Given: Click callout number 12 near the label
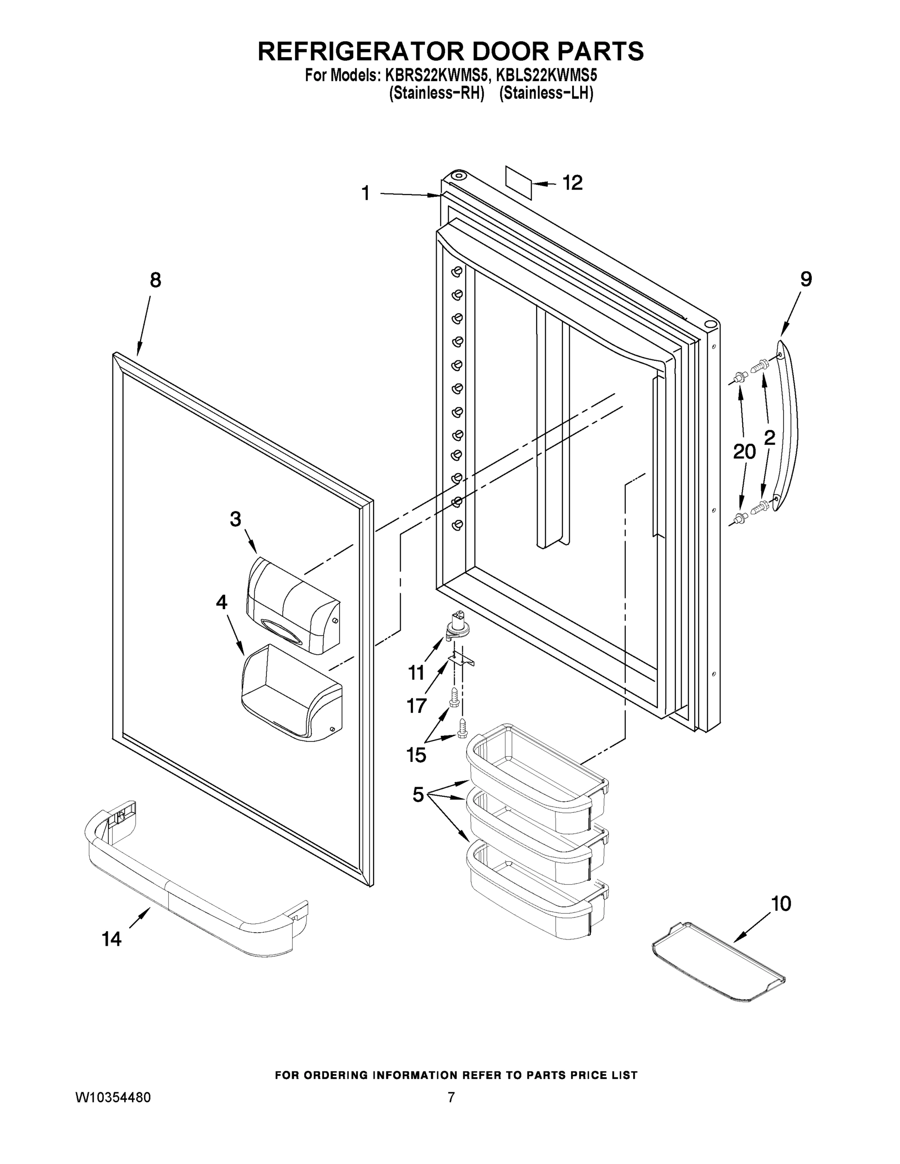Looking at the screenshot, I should pos(573,183).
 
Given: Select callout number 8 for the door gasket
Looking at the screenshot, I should pos(155,280).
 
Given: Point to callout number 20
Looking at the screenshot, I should pos(744,452).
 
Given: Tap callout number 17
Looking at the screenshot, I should pos(416,706).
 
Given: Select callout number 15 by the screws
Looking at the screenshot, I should pos(416,755).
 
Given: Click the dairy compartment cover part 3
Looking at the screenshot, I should pos(292,605).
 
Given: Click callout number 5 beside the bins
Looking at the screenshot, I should pos(419,795).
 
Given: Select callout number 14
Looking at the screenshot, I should pos(112,939).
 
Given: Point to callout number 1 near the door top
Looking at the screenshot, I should pos(366,193).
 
